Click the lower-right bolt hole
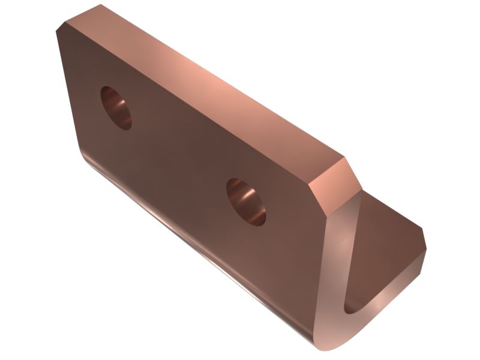[245, 201]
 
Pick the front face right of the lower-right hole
[288, 228]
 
